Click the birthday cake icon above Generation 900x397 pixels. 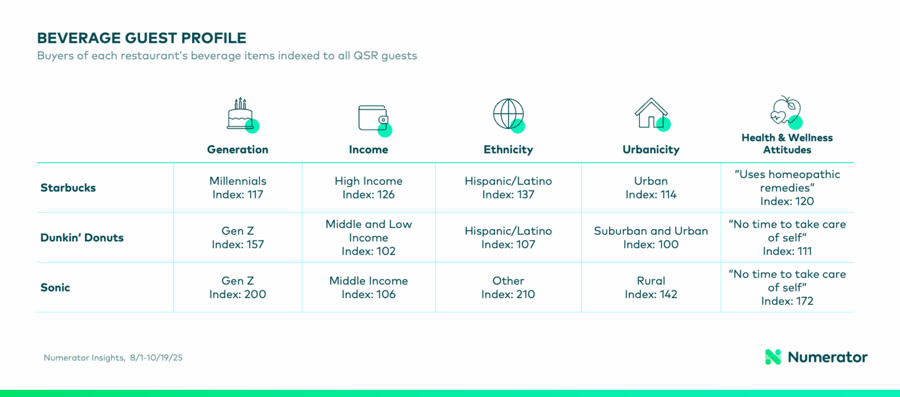click(x=241, y=114)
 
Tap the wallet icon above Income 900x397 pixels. click(x=373, y=118)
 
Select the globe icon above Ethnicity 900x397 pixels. click(x=508, y=114)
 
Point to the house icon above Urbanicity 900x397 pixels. click(x=651, y=114)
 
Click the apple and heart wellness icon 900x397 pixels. click(x=786, y=112)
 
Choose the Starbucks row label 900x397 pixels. click(x=68, y=188)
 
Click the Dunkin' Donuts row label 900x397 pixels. click(x=82, y=238)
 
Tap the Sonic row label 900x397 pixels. click(x=55, y=288)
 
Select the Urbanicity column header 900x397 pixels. click(x=651, y=149)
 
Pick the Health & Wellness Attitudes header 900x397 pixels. click(x=787, y=143)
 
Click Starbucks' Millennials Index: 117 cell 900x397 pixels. click(x=238, y=188)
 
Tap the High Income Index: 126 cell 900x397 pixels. click(x=369, y=188)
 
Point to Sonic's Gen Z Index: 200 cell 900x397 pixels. click(x=238, y=288)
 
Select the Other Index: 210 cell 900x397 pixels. click(x=508, y=288)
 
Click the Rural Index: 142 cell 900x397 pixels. click(x=651, y=288)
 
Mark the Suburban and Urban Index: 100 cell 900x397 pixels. click(x=651, y=238)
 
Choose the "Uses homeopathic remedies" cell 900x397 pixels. click(x=787, y=188)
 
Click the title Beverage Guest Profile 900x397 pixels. click(x=141, y=39)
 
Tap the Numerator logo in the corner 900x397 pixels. click(x=816, y=357)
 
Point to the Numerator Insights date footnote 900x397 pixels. click(x=113, y=358)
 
